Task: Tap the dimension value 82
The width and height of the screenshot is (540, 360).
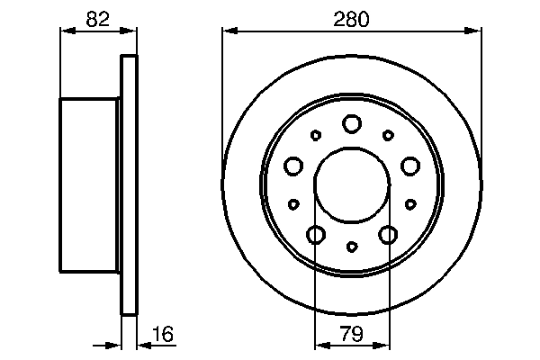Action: [x=99, y=18]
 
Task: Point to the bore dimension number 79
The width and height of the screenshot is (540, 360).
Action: [x=352, y=335]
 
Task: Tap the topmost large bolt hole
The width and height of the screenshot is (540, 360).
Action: [x=352, y=123]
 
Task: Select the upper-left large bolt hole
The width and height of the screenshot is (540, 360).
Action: [x=293, y=166]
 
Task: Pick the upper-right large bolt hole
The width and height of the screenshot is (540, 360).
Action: [x=410, y=166]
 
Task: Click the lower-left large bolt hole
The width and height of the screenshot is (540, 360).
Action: [x=316, y=235]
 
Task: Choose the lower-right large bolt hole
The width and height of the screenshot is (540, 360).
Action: [x=388, y=235]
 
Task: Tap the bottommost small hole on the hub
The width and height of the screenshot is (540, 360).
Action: [x=352, y=247]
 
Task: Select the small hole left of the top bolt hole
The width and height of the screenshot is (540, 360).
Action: [x=315, y=136]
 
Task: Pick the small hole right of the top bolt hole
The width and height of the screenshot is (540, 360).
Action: [x=388, y=135]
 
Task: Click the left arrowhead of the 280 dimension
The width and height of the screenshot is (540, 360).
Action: [x=229, y=31]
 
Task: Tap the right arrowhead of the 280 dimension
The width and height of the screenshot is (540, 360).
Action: [x=476, y=31]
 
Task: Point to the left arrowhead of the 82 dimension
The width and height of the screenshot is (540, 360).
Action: [x=66, y=31]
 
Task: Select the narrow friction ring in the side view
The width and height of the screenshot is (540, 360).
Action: [x=130, y=184]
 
